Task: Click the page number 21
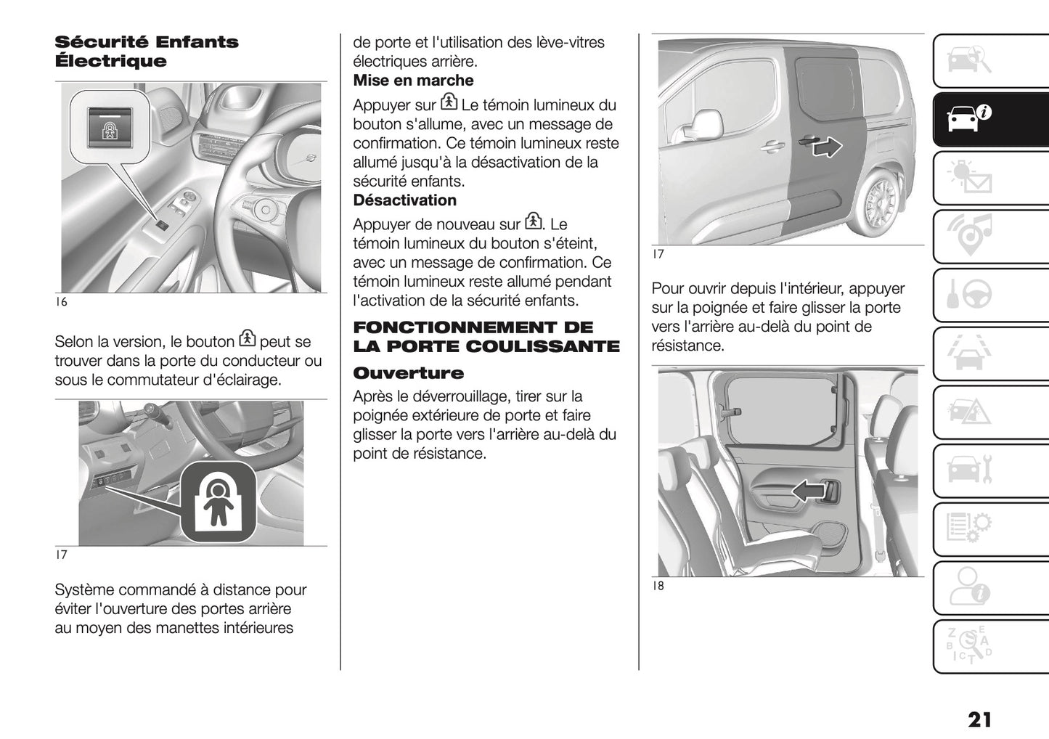(979, 719)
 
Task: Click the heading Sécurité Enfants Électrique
(146, 52)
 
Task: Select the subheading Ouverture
(408, 373)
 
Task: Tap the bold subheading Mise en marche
(413, 81)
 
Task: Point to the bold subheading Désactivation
(404, 200)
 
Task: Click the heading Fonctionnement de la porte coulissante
(486, 337)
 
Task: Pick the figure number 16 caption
(62, 302)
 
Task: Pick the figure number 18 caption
(658, 586)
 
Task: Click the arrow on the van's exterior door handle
(826, 147)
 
